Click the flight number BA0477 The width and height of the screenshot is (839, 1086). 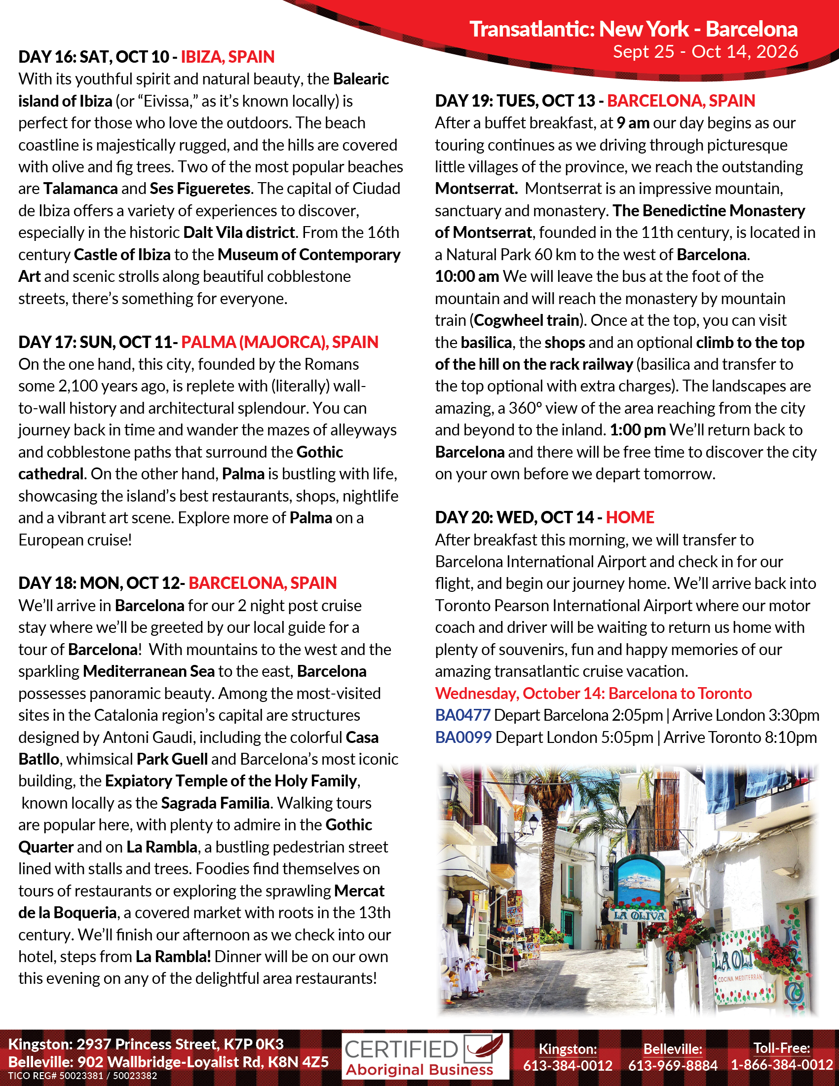pyautogui.click(x=463, y=715)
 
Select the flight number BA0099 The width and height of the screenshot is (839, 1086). pyautogui.click(x=463, y=737)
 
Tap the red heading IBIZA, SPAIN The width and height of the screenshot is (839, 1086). pyautogui.click(x=227, y=57)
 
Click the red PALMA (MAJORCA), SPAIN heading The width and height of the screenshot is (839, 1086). pyautogui.click(x=279, y=342)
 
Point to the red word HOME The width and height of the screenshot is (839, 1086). pyautogui.click(x=630, y=517)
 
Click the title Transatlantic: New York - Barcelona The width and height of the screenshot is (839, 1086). pyautogui.click(x=633, y=29)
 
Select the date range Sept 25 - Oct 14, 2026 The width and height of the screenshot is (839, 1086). pyautogui.click(x=705, y=51)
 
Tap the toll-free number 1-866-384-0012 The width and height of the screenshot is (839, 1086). pyautogui.click(x=781, y=1065)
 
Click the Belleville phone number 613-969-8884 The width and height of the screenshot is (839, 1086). pyautogui.click(x=673, y=1065)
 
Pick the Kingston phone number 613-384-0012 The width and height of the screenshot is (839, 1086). pyautogui.click(x=568, y=1065)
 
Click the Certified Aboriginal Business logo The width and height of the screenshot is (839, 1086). pyautogui.click(x=425, y=1056)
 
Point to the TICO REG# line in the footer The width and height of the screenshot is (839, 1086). pyautogui.click(x=82, y=1076)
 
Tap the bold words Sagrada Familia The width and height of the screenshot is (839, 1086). pyautogui.click(x=215, y=803)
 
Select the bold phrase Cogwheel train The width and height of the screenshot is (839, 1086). pyautogui.click(x=527, y=320)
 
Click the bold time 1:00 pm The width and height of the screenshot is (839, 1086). pyautogui.click(x=638, y=429)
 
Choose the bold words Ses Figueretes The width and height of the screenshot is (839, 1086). pyautogui.click(x=200, y=189)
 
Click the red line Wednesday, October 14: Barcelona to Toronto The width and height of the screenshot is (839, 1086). pyautogui.click(x=593, y=693)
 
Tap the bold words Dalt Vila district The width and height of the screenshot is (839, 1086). pyautogui.click(x=239, y=232)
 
